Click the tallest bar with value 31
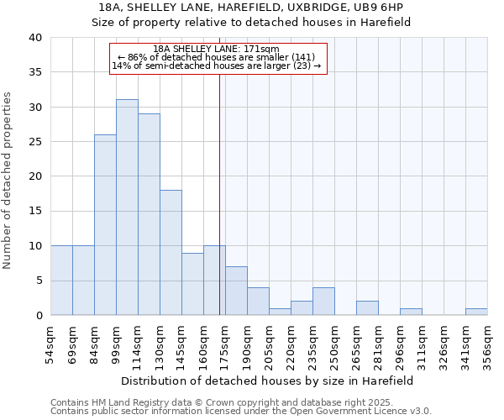[x=127, y=207]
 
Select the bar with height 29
[x=149, y=214]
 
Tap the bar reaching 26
[x=105, y=225]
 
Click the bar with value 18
[x=171, y=253]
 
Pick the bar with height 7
[x=236, y=291]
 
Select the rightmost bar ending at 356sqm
[x=476, y=312]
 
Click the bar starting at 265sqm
[x=367, y=308]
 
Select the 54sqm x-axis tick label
[x=50, y=343]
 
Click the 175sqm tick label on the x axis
[x=225, y=343]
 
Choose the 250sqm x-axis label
[x=334, y=343]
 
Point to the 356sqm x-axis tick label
[x=487, y=343]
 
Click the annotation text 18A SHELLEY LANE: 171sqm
[x=217, y=50]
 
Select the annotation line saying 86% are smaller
[x=217, y=57]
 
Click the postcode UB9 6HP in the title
[x=384, y=8]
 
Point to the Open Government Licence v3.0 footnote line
[x=241, y=411]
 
